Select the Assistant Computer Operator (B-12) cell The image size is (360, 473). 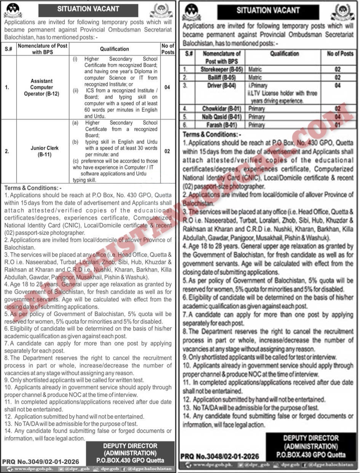click(42, 87)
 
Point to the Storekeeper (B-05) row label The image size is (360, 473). click(220, 69)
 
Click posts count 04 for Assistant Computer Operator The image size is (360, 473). click(167, 87)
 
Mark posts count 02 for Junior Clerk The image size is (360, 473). click(167, 151)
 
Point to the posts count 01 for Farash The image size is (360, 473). click(337, 125)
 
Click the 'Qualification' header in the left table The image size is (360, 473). click(114, 49)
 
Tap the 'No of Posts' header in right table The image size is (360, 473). click(340, 54)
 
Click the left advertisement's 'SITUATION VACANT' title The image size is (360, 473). click(88, 9)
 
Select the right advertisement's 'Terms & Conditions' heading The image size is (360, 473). click(212, 135)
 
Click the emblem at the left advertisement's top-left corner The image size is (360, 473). click(13, 11)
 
